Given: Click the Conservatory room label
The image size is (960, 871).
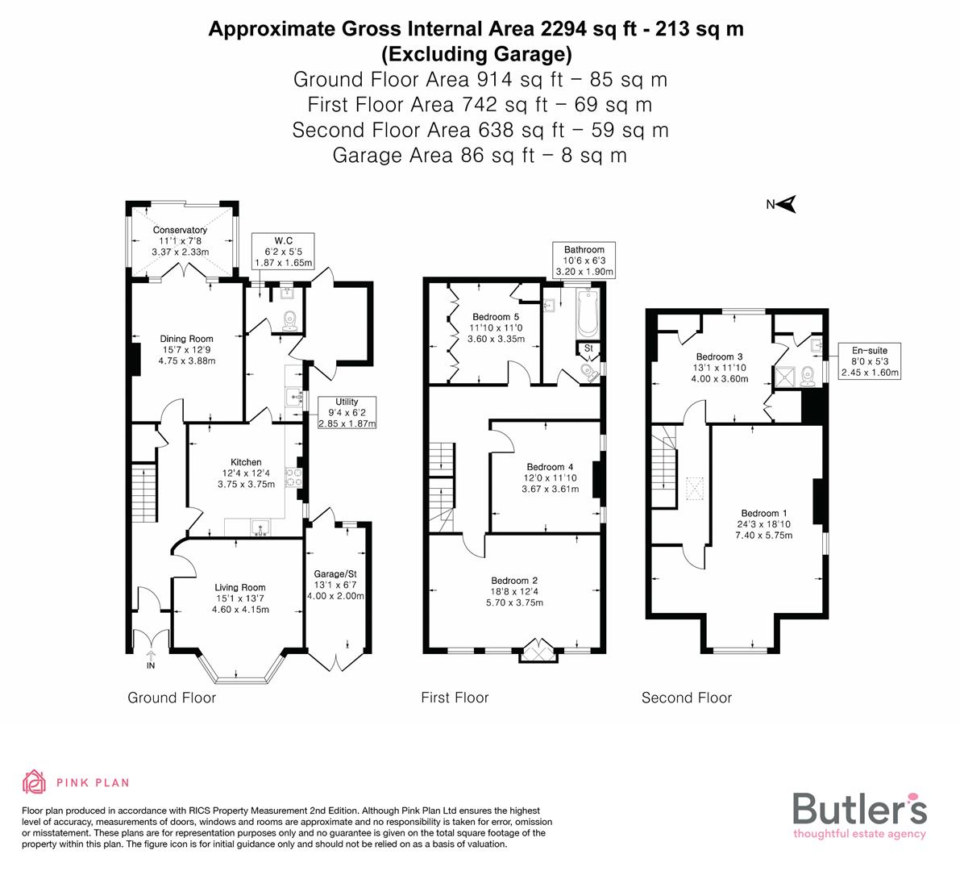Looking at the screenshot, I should point(180,230).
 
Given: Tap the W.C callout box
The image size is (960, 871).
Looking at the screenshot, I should point(282,252).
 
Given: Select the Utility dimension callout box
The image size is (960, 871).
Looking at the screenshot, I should point(347,412).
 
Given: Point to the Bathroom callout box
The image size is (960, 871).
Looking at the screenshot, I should point(584,260).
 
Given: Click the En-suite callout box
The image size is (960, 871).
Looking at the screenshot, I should point(869,360).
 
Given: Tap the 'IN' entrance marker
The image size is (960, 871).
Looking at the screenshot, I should point(151,666).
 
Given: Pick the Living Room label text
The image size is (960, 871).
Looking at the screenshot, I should point(239,588).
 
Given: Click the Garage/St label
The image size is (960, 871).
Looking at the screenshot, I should point(335,574).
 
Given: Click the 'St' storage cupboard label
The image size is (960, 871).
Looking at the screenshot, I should point(588,348).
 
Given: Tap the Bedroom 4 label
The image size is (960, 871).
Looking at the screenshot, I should point(550,467).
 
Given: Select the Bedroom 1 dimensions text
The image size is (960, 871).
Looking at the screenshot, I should point(764,530).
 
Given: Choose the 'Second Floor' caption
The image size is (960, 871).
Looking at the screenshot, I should point(686,698).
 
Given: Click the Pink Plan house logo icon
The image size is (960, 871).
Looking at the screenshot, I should point(35,782).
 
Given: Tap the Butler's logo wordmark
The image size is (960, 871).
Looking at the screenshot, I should point(859,808).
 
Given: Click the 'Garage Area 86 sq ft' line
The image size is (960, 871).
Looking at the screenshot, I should point(480,155).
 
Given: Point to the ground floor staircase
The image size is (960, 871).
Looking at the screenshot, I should point(143,491).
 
